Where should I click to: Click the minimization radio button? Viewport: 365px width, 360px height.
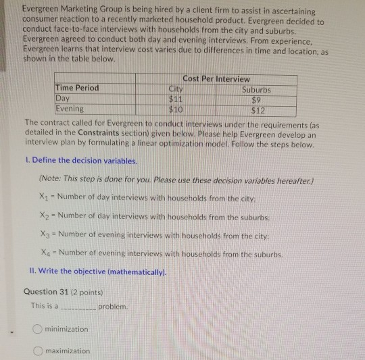pyautogui.click(x=38, y=329)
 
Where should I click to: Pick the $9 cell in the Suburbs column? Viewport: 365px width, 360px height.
pyautogui.click(x=258, y=99)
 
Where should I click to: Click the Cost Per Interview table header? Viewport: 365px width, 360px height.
pyautogui.click(x=216, y=79)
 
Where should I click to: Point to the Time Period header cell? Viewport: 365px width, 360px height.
pyautogui.click(x=77, y=88)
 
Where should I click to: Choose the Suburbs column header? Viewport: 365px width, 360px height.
pyautogui.click(x=256, y=89)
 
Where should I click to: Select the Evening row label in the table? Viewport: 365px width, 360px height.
pyautogui.click(x=70, y=108)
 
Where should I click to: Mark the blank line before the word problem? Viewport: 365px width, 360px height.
pyautogui.click(x=78, y=307)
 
